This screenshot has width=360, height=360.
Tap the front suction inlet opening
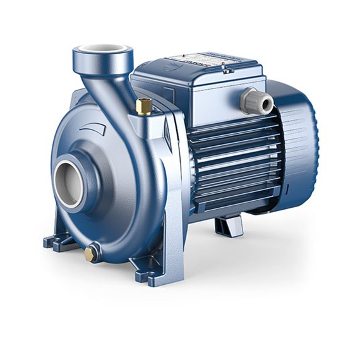click(68, 183)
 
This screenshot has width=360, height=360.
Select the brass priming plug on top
click(145, 106)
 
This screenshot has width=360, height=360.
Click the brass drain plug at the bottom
click(91, 254)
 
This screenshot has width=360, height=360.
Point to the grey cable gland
click(256, 100)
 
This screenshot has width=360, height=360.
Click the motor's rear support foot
click(229, 225)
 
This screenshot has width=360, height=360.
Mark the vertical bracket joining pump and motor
click(172, 189)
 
